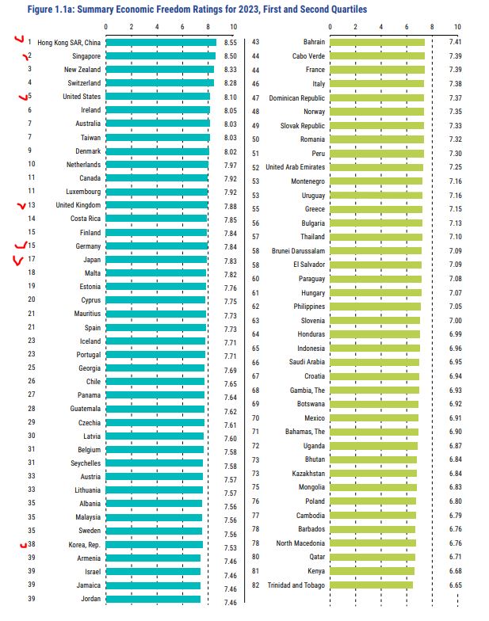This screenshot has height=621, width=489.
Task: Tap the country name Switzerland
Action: click(x=82, y=83)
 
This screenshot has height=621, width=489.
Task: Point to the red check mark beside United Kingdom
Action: click(x=21, y=205)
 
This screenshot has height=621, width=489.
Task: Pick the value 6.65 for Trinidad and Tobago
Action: click(x=456, y=585)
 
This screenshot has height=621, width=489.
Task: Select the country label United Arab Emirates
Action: click(x=295, y=167)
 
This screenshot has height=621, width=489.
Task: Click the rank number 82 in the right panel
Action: click(x=256, y=585)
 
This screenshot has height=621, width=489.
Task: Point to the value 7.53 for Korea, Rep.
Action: click(x=231, y=547)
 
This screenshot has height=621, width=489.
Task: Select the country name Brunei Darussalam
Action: click(x=298, y=250)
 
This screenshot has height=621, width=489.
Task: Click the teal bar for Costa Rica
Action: click(x=155, y=219)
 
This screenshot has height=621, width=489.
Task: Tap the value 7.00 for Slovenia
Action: click(x=456, y=320)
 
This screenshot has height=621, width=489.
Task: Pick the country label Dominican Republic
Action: click(x=296, y=97)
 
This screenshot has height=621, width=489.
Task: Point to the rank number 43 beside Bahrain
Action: click(x=256, y=42)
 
